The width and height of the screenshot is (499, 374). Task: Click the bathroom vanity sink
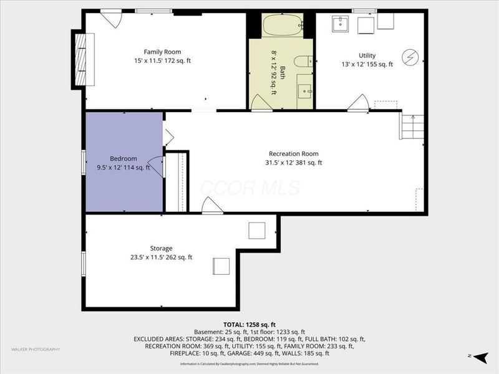(305, 91)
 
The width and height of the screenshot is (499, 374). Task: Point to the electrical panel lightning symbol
(410, 56)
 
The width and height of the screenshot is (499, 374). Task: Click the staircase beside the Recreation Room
(411, 127)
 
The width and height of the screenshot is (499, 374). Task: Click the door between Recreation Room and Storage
(212, 206)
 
